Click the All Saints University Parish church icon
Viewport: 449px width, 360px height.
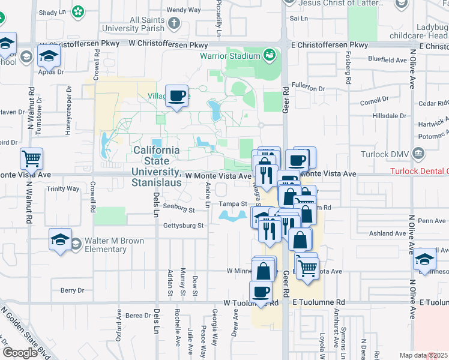174,24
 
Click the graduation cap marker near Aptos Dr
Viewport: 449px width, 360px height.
49,58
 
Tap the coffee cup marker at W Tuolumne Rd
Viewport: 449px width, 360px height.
261,293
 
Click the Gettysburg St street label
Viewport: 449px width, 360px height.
184,226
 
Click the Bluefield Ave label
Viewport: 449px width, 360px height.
388,60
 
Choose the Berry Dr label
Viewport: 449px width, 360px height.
72,290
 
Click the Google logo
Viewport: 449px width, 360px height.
20,352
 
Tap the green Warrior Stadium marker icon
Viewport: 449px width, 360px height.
270,56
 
